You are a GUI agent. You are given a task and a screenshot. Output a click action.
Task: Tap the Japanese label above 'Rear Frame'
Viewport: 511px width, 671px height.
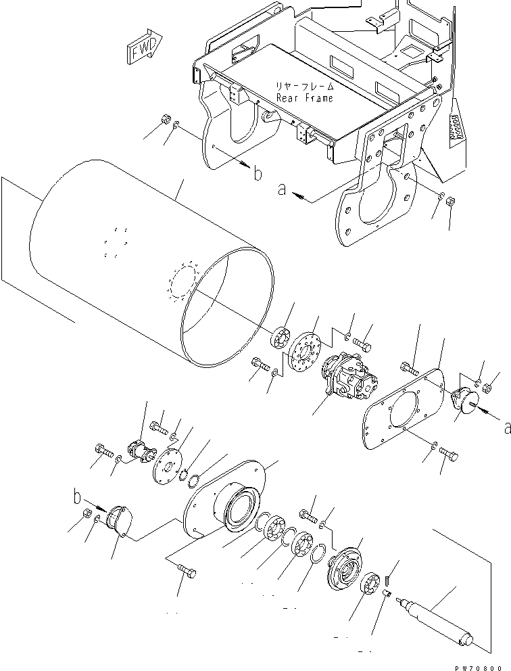click(x=303, y=87)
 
